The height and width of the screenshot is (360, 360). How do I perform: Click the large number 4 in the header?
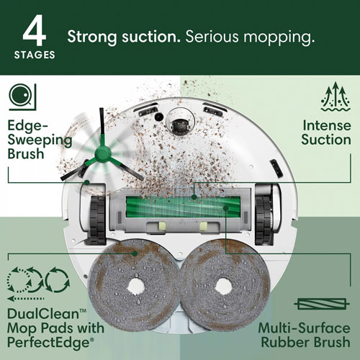35,32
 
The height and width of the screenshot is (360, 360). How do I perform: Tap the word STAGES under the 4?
35,55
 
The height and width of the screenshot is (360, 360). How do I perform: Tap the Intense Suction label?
326,132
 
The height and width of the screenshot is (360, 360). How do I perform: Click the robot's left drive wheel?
96,212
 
